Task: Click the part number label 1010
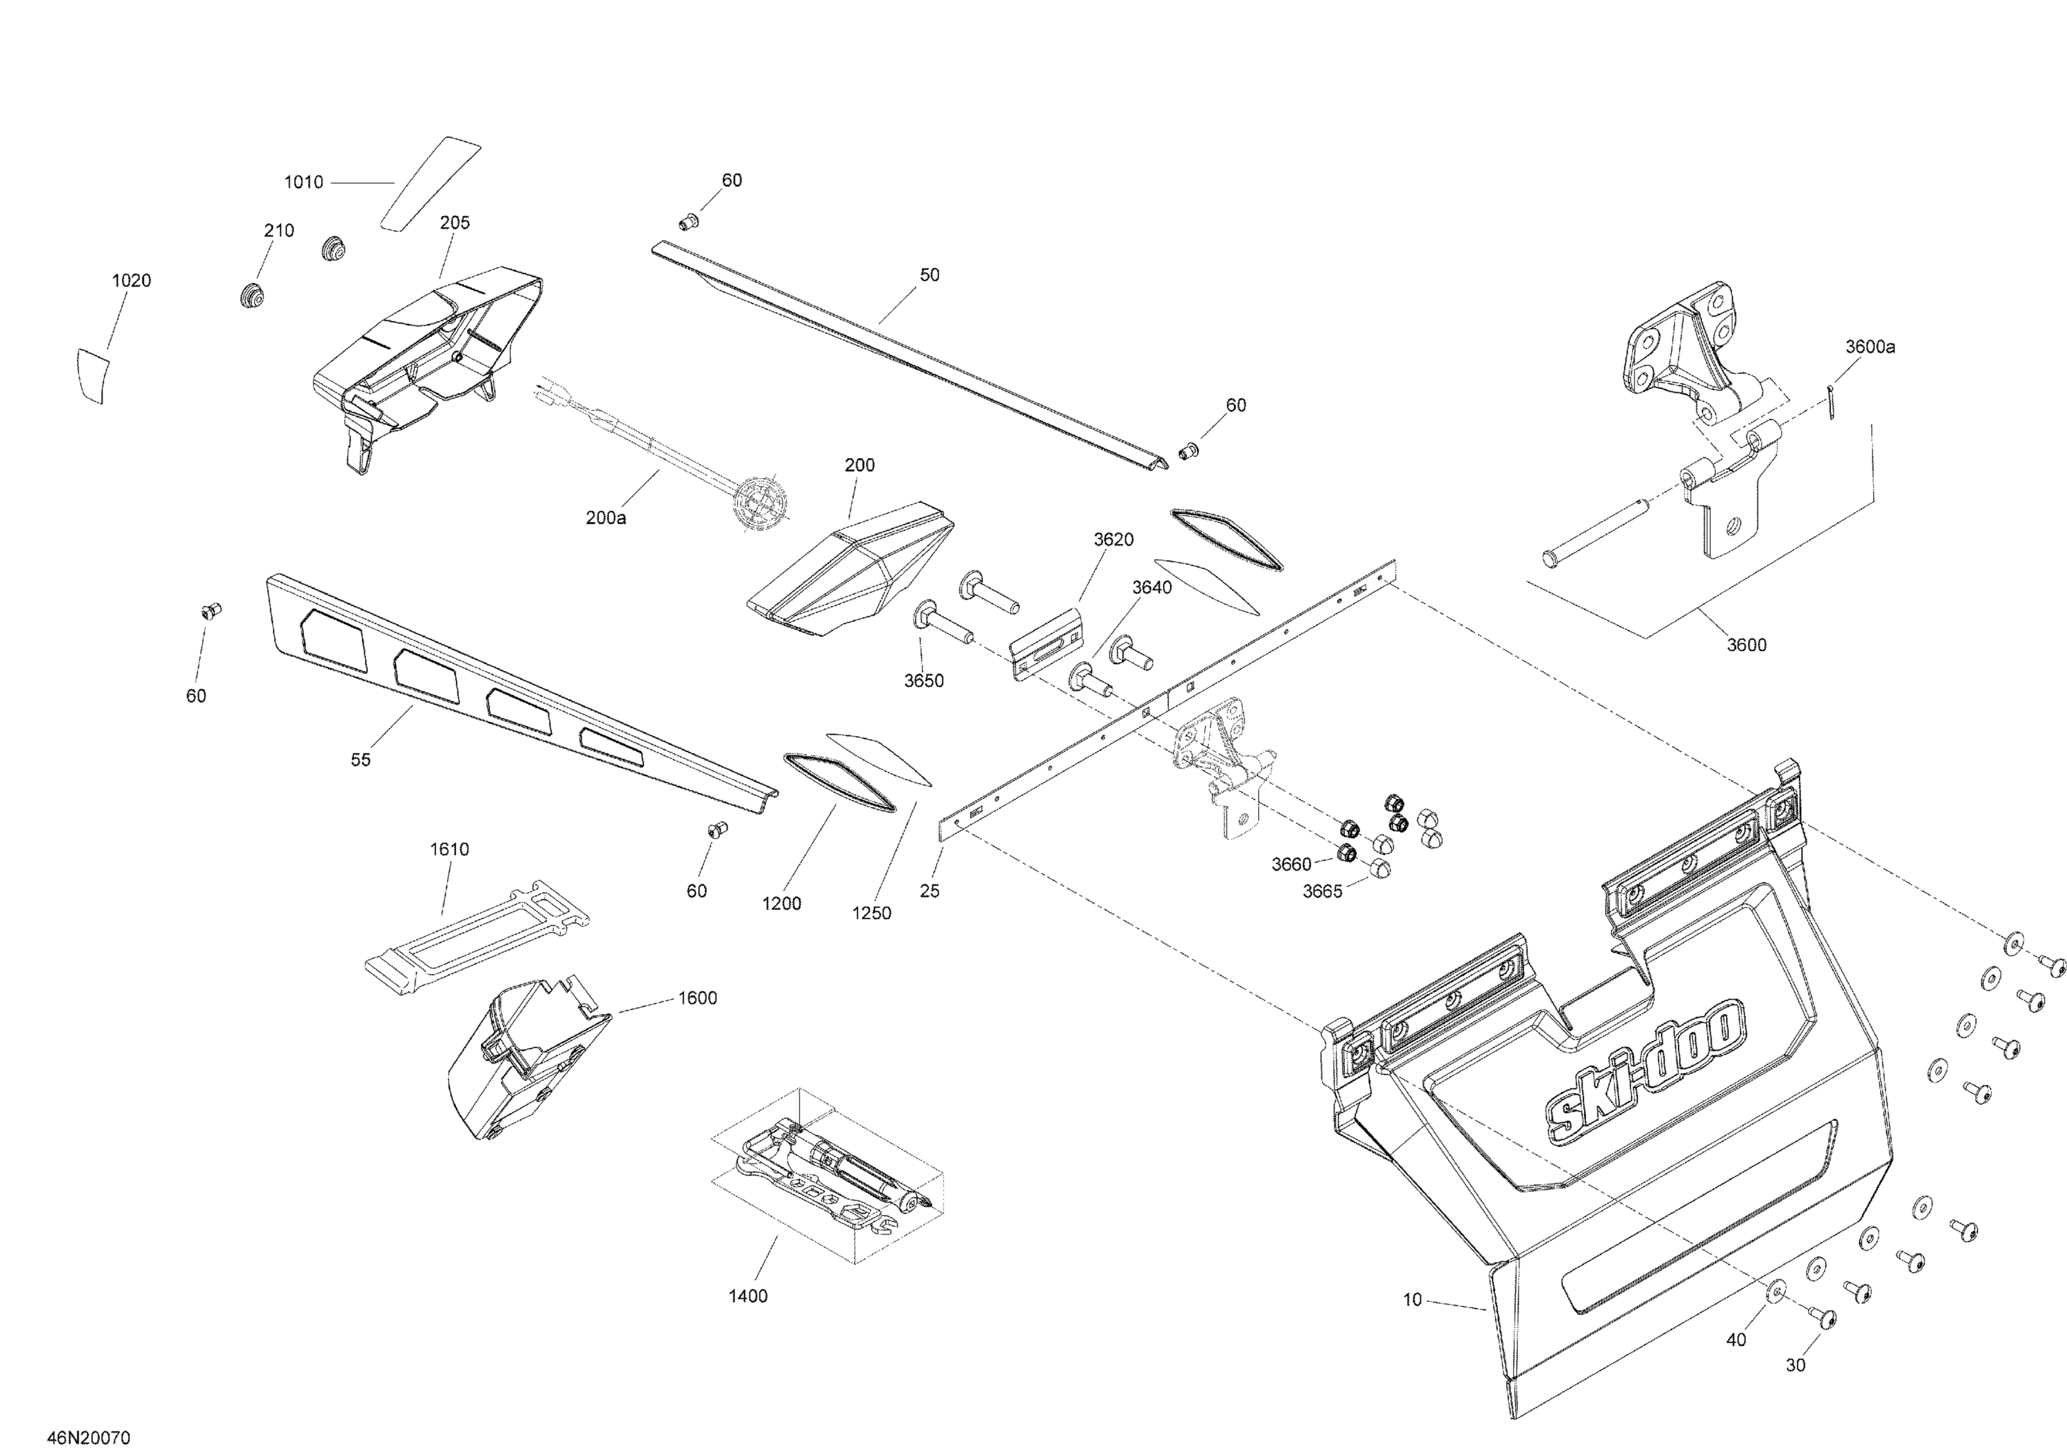tap(303, 183)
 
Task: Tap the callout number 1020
tap(132, 281)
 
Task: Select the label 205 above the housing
tap(455, 223)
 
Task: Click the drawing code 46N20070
tap(89, 1438)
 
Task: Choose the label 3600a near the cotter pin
tap(1870, 346)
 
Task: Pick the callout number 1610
tap(449, 849)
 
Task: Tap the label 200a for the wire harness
tap(606, 519)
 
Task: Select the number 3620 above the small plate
tap(1113, 540)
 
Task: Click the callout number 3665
tap(1322, 891)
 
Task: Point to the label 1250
tap(872, 913)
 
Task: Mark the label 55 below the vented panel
tap(360, 760)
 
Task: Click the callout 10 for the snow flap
tap(1412, 1300)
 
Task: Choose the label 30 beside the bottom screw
tap(1795, 1365)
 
